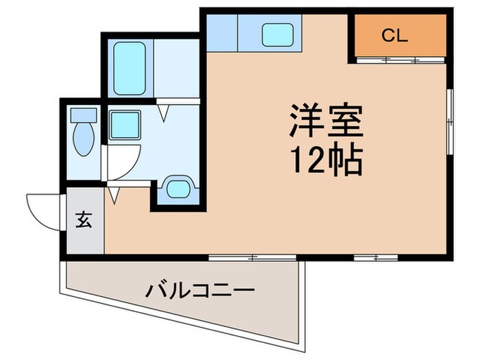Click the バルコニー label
[x=200, y=290]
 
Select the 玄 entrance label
[x=83, y=221]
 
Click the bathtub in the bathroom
[x=129, y=68]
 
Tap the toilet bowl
[x=85, y=140]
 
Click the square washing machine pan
[x=124, y=125]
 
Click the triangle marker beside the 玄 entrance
[x=114, y=196]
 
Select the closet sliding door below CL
[x=400, y=60]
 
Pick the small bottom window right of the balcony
[x=376, y=257]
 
